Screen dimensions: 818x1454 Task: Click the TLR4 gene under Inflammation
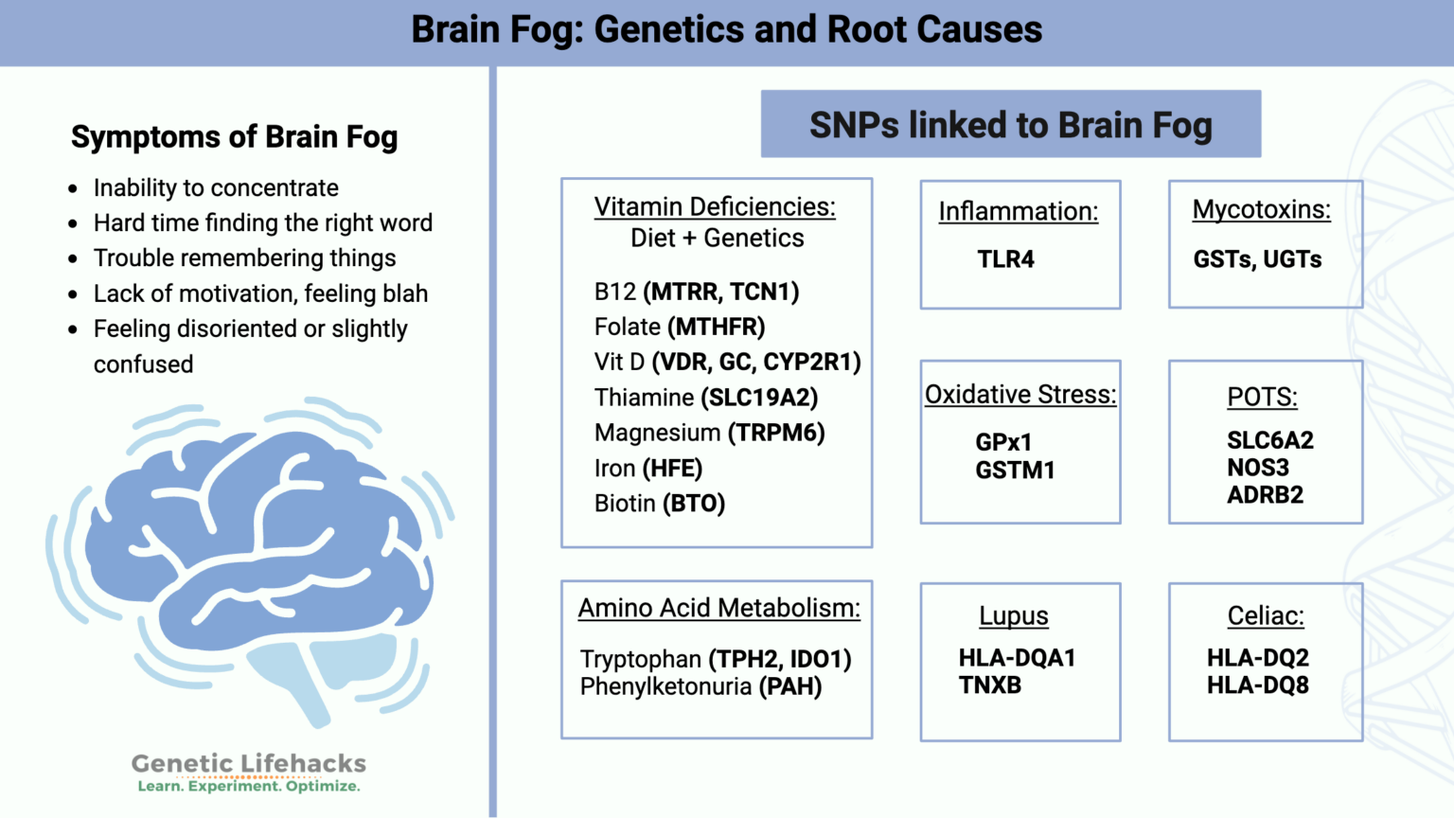(1005, 259)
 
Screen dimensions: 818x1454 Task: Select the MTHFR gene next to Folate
(717, 327)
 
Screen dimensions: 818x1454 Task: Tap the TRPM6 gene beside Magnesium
(776, 433)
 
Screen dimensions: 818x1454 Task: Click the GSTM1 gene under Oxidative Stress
(1015, 471)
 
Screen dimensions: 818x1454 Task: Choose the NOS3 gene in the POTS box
(1258, 468)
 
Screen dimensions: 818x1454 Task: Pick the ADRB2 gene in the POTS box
(1265, 495)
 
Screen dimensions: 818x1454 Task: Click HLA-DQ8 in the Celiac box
(1257, 685)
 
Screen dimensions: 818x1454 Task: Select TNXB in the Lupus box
(990, 685)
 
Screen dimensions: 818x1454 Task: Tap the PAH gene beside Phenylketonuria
(790, 686)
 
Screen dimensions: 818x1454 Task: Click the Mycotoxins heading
(1261, 209)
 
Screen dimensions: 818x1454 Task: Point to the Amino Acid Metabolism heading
(719, 608)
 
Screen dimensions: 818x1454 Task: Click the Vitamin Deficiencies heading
(715, 206)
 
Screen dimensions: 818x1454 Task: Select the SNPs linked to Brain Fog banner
(1010, 125)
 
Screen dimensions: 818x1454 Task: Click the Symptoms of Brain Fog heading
(234, 137)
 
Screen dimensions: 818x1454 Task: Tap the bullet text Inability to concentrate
(216, 188)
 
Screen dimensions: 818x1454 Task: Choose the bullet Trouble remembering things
(244, 258)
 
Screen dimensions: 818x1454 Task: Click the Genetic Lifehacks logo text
(248, 764)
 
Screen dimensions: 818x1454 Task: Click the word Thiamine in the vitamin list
(644, 398)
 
